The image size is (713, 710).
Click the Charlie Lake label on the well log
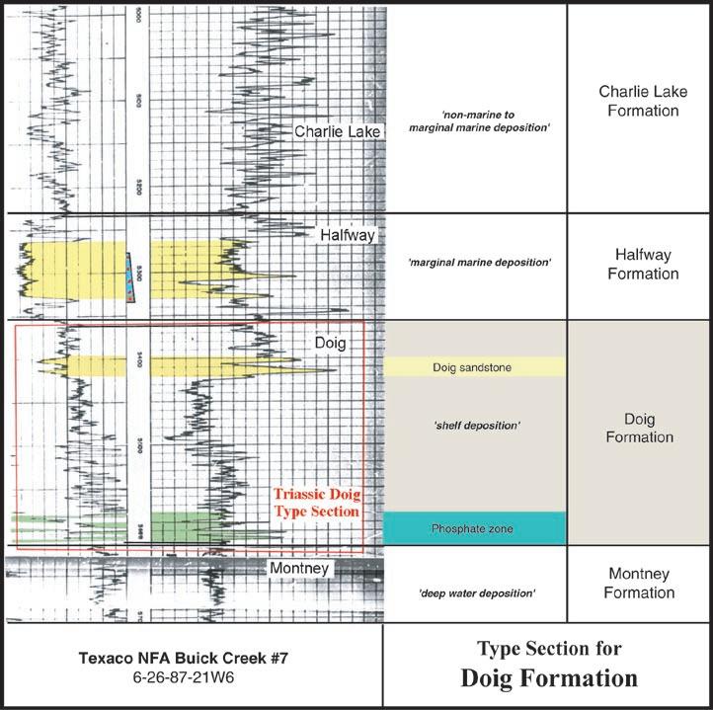(337, 131)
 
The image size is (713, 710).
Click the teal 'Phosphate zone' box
(473, 528)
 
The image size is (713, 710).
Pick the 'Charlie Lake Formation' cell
(639, 102)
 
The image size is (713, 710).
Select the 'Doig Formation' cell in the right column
(640, 427)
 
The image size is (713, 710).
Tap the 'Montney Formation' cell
(639, 584)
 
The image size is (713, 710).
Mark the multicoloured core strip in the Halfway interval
(131, 277)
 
